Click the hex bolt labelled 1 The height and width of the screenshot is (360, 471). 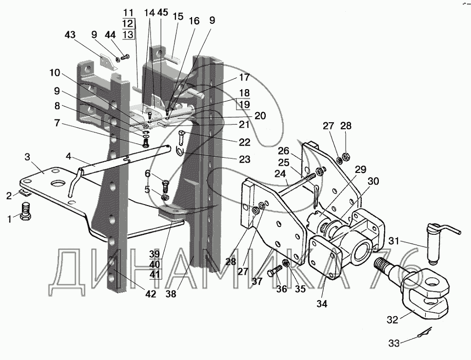point(26,211)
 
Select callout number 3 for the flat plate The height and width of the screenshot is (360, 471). point(27,157)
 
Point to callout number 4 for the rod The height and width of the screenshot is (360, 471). point(69,156)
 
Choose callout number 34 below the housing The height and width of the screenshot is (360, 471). point(322,304)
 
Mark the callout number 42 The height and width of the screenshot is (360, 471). point(151,294)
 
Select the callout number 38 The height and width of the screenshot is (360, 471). point(171,294)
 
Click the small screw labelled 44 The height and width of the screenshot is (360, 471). point(125,57)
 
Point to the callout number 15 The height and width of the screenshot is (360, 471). point(177,17)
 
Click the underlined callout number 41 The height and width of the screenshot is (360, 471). point(155,274)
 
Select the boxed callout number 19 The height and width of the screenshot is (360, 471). point(244,105)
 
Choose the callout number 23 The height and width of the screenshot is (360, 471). point(244,159)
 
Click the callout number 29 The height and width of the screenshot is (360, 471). point(360,170)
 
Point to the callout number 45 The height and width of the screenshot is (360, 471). point(162,13)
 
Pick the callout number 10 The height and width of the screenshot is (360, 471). point(55,73)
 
